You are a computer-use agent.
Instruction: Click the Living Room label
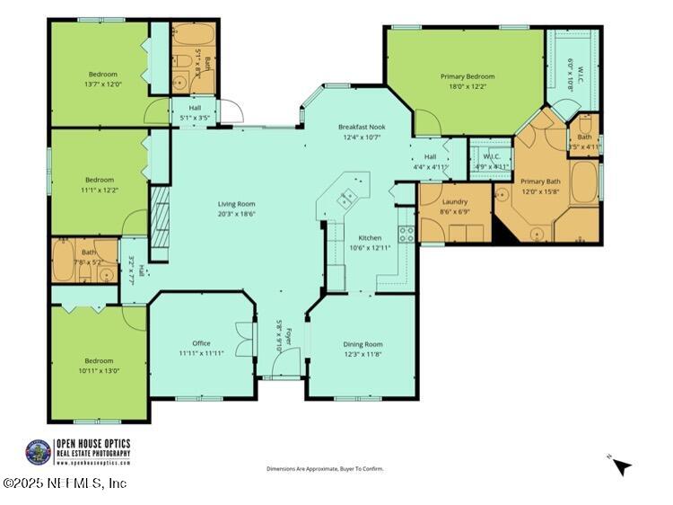tap(236, 204)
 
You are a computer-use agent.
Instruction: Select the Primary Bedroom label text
tap(467, 77)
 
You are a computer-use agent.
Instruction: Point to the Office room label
tap(201, 343)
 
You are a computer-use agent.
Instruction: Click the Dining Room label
tap(363, 344)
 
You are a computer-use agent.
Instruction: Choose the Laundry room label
tap(455, 201)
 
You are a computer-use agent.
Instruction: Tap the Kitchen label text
tap(370, 237)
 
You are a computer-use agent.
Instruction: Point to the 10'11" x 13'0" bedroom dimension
tap(98, 369)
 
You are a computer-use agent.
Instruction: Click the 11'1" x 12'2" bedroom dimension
tap(98, 190)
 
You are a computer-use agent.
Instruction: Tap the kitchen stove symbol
tap(406, 234)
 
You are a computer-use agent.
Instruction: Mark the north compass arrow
tap(621, 465)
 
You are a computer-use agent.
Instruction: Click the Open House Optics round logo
tap(38, 452)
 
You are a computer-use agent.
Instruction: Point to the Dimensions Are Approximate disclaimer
tap(325, 469)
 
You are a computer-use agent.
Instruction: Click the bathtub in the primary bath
tap(585, 182)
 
